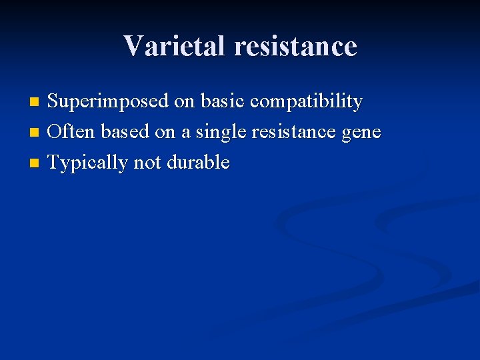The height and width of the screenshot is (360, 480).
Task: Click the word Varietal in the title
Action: click(x=175, y=46)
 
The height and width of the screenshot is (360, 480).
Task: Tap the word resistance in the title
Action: click(x=295, y=46)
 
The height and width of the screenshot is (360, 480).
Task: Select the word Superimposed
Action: click(x=109, y=102)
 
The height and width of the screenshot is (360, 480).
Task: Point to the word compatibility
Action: click(x=306, y=102)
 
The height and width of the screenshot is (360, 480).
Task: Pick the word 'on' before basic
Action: click(x=185, y=102)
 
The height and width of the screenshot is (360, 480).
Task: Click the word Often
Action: click(x=72, y=132)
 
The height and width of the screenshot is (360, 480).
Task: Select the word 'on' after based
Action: click(x=165, y=132)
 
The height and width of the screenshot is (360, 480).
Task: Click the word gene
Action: click(x=360, y=133)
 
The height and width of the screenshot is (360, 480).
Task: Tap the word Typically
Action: click(x=88, y=163)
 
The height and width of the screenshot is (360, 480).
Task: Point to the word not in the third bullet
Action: click(x=148, y=163)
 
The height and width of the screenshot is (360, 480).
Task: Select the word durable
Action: click(x=198, y=163)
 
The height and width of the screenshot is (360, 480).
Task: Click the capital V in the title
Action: click(x=133, y=46)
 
